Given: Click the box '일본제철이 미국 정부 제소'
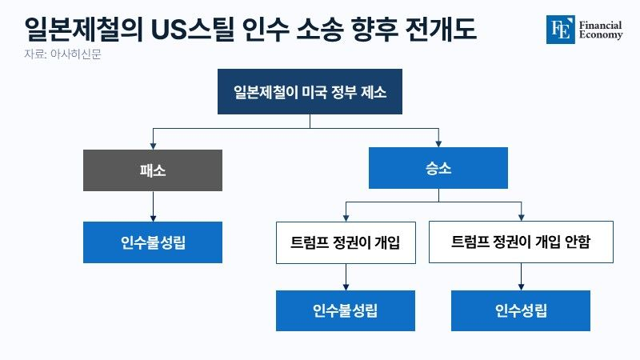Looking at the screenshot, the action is [310, 91].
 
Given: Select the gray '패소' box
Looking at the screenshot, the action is [153, 170].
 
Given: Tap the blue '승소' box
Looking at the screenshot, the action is [438, 168].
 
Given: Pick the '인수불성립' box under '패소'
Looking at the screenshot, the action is [153, 242].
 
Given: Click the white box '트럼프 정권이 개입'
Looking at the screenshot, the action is [346, 242].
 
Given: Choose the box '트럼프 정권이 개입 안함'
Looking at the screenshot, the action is [521, 242].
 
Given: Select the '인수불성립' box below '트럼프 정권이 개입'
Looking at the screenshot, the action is [346, 310].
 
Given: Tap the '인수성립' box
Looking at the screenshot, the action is [521, 310].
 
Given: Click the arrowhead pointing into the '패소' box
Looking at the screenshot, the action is [153, 146].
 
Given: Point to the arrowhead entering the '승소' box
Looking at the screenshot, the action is [438, 144].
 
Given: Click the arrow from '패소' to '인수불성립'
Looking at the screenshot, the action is [153, 206].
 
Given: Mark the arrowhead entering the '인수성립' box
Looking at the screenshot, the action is [521, 287].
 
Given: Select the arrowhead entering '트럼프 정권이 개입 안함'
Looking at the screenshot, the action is [522, 218].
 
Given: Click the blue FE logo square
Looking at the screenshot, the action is [561, 30].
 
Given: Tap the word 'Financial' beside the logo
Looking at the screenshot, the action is [600, 26].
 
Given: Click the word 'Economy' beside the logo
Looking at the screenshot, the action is [601, 35].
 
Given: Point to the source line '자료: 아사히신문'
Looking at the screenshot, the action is [62, 54].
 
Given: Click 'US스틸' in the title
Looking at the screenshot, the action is [193, 30].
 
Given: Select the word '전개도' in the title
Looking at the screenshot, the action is [441, 29].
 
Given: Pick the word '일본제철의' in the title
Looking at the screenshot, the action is [84, 30].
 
